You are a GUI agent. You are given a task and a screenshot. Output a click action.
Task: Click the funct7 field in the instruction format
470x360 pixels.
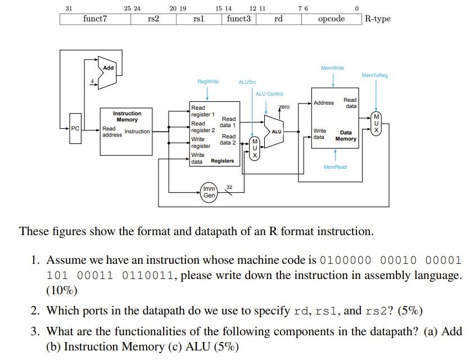[95, 19]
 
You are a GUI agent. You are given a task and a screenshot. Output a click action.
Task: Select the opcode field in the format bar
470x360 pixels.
[331, 19]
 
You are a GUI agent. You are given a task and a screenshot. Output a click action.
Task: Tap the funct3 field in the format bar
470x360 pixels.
[239, 19]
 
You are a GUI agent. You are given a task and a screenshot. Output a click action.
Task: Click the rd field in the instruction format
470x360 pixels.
[278, 19]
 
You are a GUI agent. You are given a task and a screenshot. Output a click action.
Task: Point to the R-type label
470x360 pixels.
[377, 19]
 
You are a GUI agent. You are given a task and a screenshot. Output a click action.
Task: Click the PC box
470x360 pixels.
[75, 129]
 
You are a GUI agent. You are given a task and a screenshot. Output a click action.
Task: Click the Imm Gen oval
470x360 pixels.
[209, 192]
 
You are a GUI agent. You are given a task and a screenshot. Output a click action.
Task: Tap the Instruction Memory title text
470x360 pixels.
[127, 116]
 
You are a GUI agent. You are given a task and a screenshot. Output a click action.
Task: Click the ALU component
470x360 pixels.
[274, 132]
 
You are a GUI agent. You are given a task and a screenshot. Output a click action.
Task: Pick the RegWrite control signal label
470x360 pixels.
[208, 82]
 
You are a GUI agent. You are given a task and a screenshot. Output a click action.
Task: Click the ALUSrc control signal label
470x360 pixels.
[247, 82]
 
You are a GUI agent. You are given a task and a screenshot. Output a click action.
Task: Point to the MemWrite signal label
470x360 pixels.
[332, 68]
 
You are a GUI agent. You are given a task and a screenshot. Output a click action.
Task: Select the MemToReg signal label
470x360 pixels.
[374, 75]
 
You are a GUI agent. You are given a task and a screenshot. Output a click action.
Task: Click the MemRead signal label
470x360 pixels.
[335, 167]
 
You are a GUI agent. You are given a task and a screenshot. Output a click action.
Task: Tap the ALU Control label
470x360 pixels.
[269, 94]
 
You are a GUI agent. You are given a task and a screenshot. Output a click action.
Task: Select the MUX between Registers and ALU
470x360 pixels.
[254, 148]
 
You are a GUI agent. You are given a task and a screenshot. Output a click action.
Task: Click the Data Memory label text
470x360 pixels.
[346, 136]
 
